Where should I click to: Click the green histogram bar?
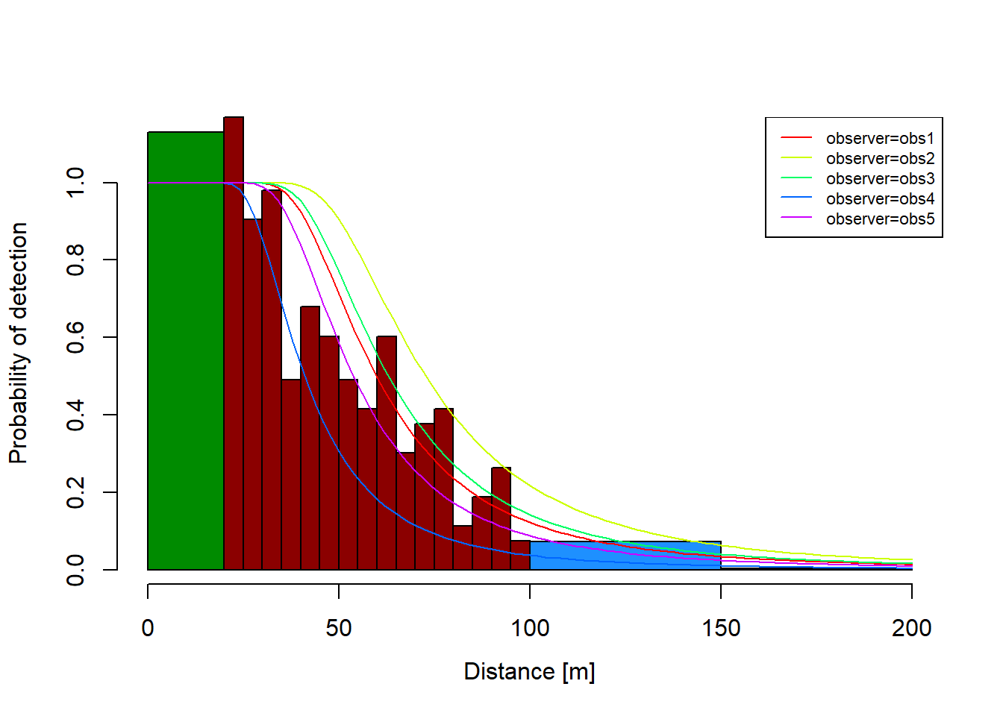(186, 351)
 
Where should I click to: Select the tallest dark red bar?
(234, 343)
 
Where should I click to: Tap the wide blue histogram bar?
(625, 556)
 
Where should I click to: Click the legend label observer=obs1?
(880, 139)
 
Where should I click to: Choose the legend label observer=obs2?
(880, 159)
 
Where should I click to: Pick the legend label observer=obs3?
(880, 179)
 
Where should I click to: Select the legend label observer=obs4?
(880, 199)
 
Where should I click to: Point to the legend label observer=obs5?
(880, 219)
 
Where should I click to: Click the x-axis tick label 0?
(148, 628)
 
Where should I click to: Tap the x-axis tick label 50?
(339, 628)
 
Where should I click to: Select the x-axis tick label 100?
(530, 628)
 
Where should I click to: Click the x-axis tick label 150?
(721, 628)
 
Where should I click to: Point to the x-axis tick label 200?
(911, 628)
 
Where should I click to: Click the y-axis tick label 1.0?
(76, 183)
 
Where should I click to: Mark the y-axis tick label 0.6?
(76, 337)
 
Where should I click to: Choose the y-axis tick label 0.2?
(76, 492)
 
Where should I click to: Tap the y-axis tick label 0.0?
(76, 570)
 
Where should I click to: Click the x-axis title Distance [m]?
(529, 671)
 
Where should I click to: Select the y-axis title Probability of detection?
(19, 343)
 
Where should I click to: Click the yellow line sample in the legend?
(796, 158)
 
